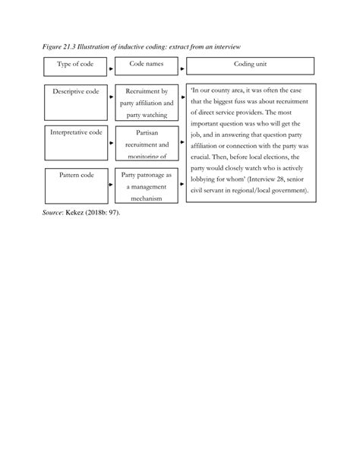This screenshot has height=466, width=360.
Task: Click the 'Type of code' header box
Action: pyautogui.click(x=75, y=66)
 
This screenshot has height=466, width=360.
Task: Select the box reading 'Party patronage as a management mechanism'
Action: pyautogui.click(x=147, y=185)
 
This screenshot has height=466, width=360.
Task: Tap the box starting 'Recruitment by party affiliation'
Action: pyautogui.click(x=147, y=103)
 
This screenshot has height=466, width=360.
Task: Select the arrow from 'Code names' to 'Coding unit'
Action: pyautogui.click(x=183, y=69)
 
